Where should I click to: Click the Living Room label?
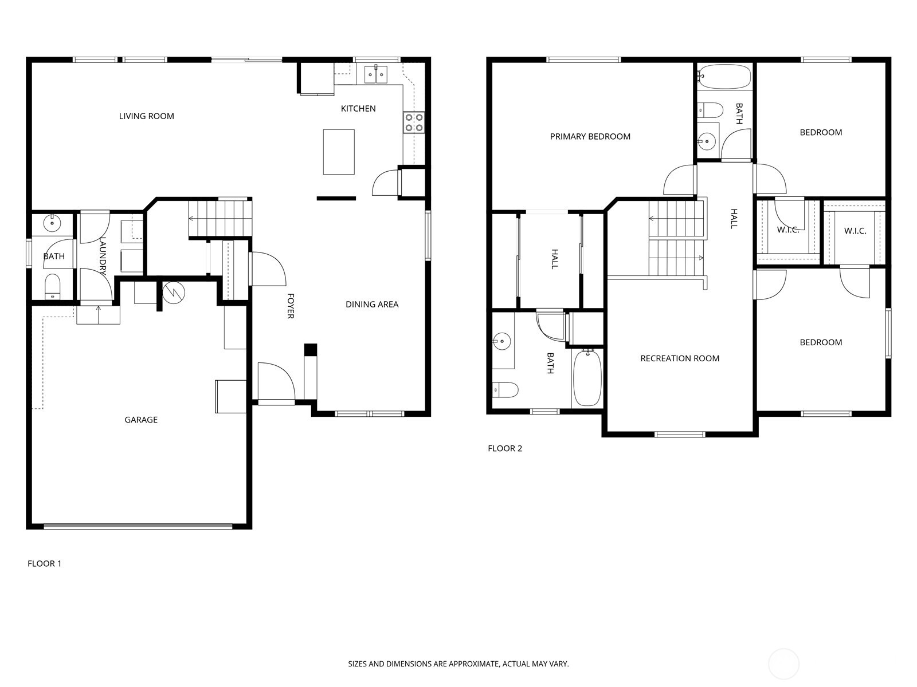click(x=146, y=116)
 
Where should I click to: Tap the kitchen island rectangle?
click(x=339, y=152)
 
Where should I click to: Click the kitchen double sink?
click(x=376, y=74)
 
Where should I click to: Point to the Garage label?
click(x=141, y=420)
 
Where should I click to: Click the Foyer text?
click(x=291, y=306)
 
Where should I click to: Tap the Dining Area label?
click(x=371, y=305)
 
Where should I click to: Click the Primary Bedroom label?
click(x=590, y=136)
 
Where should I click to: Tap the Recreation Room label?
click(x=680, y=358)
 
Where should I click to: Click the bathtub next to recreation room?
click(x=587, y=378)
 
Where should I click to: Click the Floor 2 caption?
click(x=505, y=448)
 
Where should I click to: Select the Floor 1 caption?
click(x=44, y=563)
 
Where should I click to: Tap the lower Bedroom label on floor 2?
click(x=821, y=342)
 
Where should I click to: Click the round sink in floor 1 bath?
click(x=53, y=222)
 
